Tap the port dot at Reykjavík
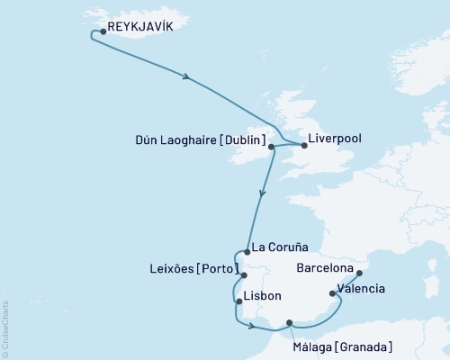click(x=103, y=31)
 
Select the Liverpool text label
click(x=336, y=139)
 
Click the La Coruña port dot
click(x=247, y=253)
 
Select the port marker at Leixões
click(x=243, y=275)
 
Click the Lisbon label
click(x=263, y=296)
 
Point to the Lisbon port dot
click(x=238, y=301)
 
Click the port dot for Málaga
click(x=289, y=322)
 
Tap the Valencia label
click(x=364, y=289)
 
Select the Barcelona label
click(x=325, y=267)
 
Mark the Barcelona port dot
click(x=358, y=272)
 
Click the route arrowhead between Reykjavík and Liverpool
click(x=186, y=77)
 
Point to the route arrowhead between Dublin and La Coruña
click(x=261, y=192)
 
